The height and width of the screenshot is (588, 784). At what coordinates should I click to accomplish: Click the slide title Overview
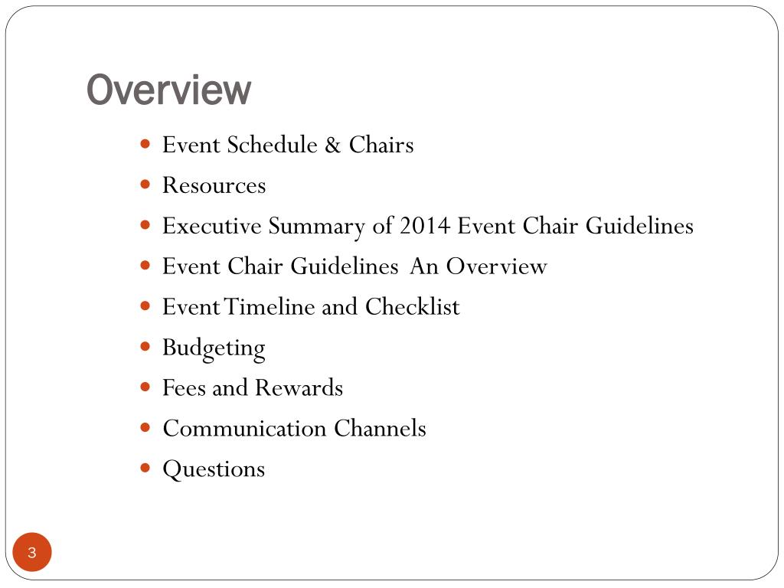168,90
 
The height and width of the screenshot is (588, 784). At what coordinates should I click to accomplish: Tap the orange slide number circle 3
31,553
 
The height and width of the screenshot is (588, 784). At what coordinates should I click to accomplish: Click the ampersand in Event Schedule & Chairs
332,145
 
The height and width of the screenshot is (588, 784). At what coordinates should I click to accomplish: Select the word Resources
214,185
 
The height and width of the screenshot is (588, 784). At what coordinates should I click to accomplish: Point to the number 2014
424,226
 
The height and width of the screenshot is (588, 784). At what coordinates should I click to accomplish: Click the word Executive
211,226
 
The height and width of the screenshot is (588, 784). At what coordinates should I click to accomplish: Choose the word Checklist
412,307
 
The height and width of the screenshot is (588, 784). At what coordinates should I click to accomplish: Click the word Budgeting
214,348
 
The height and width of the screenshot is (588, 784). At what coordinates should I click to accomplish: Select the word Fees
183,388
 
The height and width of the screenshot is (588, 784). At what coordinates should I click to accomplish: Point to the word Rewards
299,388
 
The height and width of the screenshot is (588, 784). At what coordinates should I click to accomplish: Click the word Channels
380,429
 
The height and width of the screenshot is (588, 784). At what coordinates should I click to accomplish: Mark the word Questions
214,469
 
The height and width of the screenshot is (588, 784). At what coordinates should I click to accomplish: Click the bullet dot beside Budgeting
146,346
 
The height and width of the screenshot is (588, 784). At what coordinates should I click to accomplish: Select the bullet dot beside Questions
146,467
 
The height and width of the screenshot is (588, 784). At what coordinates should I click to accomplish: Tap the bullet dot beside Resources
146,184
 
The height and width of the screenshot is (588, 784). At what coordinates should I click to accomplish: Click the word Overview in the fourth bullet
497,266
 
